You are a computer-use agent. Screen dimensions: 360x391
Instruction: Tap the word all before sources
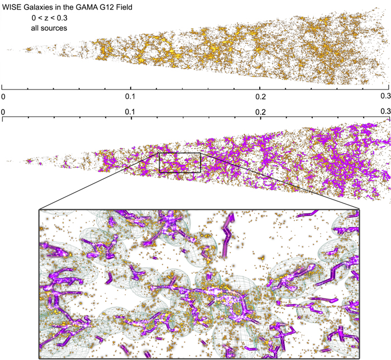37,27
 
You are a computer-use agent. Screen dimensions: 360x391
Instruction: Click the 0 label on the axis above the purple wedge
4,112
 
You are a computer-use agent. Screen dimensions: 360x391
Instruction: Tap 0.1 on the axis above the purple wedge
131,112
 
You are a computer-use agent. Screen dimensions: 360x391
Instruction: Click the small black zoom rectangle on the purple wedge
180,153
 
